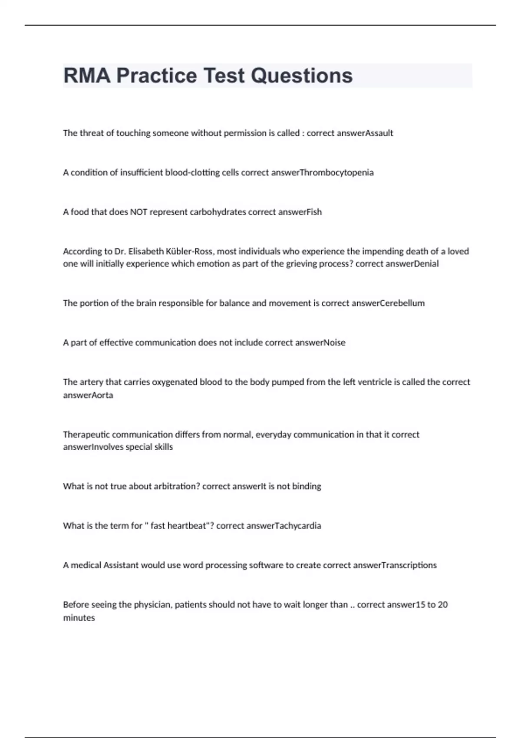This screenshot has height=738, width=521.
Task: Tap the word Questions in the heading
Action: [302, 76]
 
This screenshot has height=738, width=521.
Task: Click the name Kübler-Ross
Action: [192, 251]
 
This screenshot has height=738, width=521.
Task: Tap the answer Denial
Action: [426, 264]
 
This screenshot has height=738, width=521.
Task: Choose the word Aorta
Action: [102, 395]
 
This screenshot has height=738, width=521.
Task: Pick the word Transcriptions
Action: [409, 565]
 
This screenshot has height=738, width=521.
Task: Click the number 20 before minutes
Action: [443, 605]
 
